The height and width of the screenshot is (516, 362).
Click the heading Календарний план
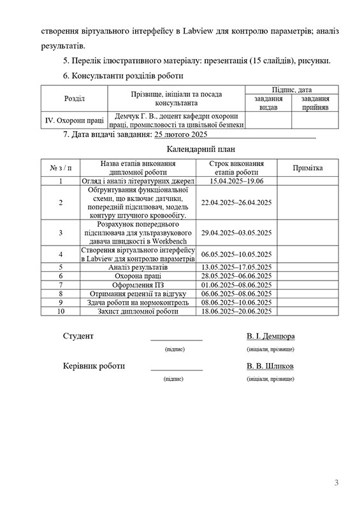[x=198, y=150]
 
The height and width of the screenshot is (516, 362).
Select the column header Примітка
[x=307, y=168]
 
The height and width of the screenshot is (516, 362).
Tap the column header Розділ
[x=75, y=99]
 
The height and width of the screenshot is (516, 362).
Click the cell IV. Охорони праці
[x=74, y=120]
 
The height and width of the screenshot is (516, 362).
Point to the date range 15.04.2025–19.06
[x=236, y=181]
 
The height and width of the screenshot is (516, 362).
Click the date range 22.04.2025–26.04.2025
[x=236, y=202]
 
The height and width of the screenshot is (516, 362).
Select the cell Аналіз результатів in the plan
[x=138, y=267]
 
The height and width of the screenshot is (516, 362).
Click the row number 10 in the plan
[x=61, y=311]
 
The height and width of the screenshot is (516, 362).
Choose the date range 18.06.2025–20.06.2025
[x=236, y=311]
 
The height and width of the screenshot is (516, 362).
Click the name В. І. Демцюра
[x=270, y=336]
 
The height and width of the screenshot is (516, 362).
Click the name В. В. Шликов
[x=270, y=366]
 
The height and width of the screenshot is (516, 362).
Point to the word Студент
[x=78, y=336]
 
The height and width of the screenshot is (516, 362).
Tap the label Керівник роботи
[x=94, y=366]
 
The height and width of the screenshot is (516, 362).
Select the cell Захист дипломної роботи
[x=138, y=311]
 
